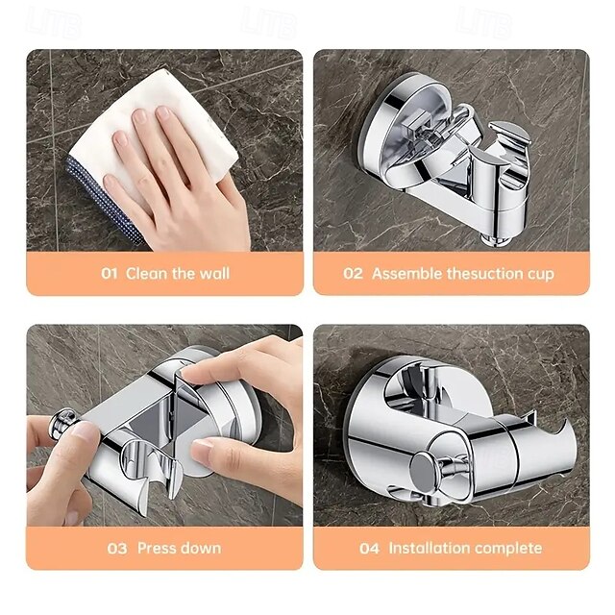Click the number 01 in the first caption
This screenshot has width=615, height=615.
[111, 273]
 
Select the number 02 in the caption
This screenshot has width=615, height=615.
[354, 273]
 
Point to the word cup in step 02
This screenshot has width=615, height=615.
[539, 273]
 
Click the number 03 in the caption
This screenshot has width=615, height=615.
[116, 549]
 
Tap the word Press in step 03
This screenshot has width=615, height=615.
[158, 549]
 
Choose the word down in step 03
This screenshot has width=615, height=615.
[202, 549]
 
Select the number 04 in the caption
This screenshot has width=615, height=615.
[369, 549]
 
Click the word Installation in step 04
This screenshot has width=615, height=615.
[429, 549]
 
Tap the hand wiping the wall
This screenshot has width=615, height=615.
[178, 178]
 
